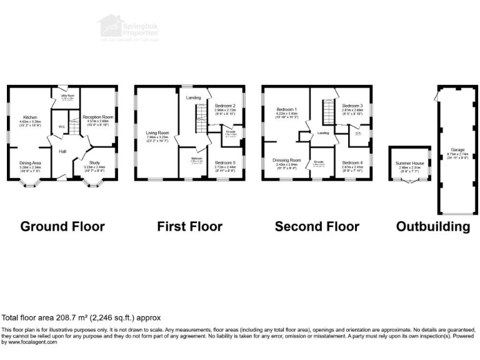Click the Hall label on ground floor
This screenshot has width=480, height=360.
pyautogui.click(x=62, y=151)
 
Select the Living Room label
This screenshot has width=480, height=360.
pyautogui.click(x=157, y=132)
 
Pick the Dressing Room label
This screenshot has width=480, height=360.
pyautogui.click(x=287, y=160)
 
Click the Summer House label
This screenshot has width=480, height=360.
pyautogui.click(x=409, y=163)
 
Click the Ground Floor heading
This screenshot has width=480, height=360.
pyautogui.click(x=62, y=226)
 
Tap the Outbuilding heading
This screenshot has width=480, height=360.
pyautogui.click(x=433, y=226)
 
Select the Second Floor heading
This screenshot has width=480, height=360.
pyautogui.click(x=317, y=226)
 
